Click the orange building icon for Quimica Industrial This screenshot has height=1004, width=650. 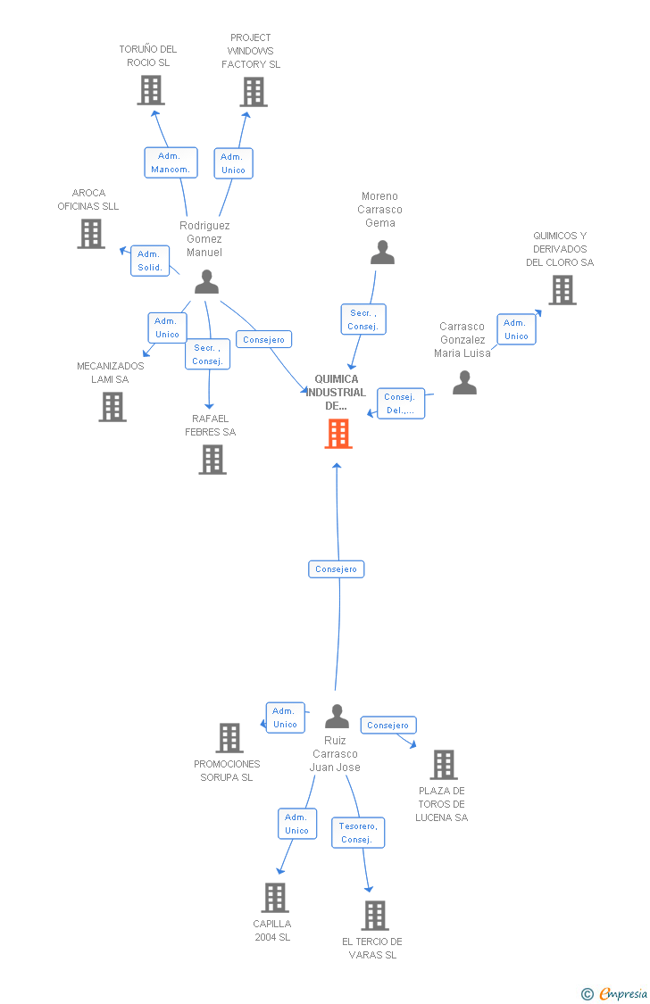(x=338, y=434)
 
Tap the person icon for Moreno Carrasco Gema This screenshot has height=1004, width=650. (x=382, y=253)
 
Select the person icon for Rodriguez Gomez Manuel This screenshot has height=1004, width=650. (x=206, y=282)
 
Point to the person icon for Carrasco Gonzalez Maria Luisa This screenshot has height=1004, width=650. (x=464, y=382)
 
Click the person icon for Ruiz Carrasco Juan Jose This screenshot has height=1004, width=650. (x=337, y=717)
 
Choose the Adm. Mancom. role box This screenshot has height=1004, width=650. (x=171, y=162)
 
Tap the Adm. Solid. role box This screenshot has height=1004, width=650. (x=150, y=261)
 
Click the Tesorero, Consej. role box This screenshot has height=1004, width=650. (x=358, y=833)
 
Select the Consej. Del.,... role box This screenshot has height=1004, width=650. (x=401, y=403)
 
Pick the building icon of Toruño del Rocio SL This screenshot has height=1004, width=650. (x=151, y=90)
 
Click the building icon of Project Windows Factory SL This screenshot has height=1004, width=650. (x=254, y=92)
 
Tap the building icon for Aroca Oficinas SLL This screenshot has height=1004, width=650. (x=91, y=234)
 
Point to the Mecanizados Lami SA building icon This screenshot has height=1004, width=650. (x=112, y=407)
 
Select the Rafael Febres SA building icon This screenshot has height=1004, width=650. (x=212, y=460)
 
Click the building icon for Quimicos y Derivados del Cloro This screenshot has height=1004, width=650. (x=562, y=290)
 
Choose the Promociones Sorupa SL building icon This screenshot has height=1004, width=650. (x=229, y=738)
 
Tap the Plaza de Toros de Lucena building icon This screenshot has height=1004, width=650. (x=444, y=765)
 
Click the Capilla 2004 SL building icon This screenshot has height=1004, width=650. (x=275, y=898)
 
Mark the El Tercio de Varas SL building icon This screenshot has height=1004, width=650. (x=375, y=916)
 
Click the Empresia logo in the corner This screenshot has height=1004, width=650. (x=614, y=993)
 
